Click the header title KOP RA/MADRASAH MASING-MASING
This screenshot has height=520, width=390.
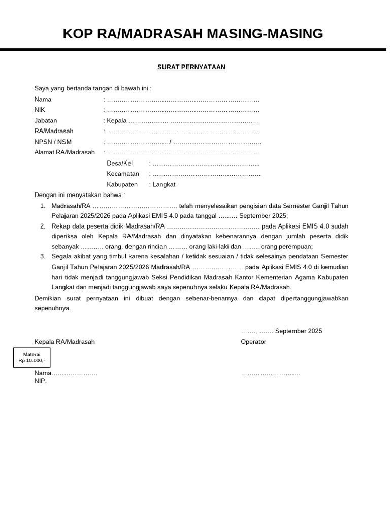[192, 34]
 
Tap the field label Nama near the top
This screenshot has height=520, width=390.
[43, 100]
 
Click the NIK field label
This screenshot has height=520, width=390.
[40, 110]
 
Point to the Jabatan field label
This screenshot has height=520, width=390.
[46, 121]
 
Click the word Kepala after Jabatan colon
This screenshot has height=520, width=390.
[116, 121]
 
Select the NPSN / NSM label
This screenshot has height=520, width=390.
[53, 142]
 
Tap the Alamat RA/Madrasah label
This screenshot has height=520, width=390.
[64, 152]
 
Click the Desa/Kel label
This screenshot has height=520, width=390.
[119, 163]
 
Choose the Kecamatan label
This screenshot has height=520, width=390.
[122, 174]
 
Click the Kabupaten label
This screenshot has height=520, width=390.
[122, 184]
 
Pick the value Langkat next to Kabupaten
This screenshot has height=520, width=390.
[164, 184]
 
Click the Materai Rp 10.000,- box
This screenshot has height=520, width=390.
[31, 357]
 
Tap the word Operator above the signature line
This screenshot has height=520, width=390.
[253, 342]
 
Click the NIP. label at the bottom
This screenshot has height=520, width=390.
[40, 381]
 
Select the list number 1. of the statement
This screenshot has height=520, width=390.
[43, 206]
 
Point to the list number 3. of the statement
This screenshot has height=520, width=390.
[43, 256]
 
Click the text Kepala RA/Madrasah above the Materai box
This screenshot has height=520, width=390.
[64, 342]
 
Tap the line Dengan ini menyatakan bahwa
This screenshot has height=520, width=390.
[79, 194]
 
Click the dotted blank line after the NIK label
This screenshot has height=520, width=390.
[183, 110]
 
